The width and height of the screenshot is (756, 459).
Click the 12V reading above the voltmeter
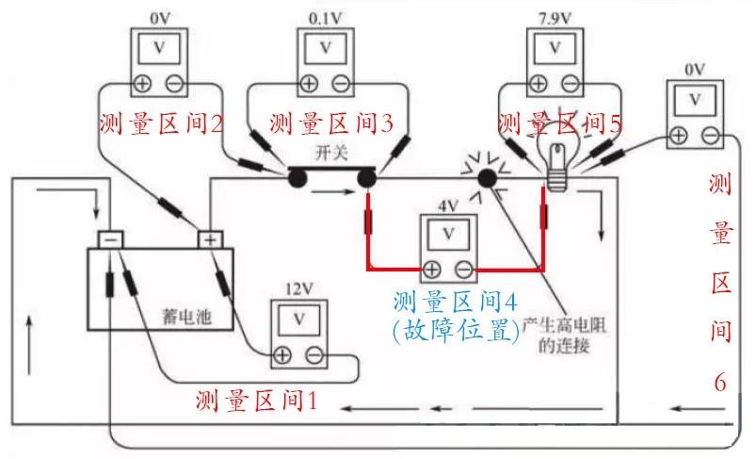(298, 289)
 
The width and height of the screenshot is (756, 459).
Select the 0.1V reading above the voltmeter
(326, 17)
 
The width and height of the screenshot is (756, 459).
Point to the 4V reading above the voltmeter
(448, 206)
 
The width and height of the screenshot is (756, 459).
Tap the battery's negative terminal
(111, 239)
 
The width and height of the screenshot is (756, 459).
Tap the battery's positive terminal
(208, 239)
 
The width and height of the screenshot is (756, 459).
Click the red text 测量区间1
(254, 401)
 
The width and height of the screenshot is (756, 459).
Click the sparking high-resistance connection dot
(487, 178)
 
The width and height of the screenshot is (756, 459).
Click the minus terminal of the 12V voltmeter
(314, 355)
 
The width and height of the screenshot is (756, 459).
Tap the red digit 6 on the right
(719, 381)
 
